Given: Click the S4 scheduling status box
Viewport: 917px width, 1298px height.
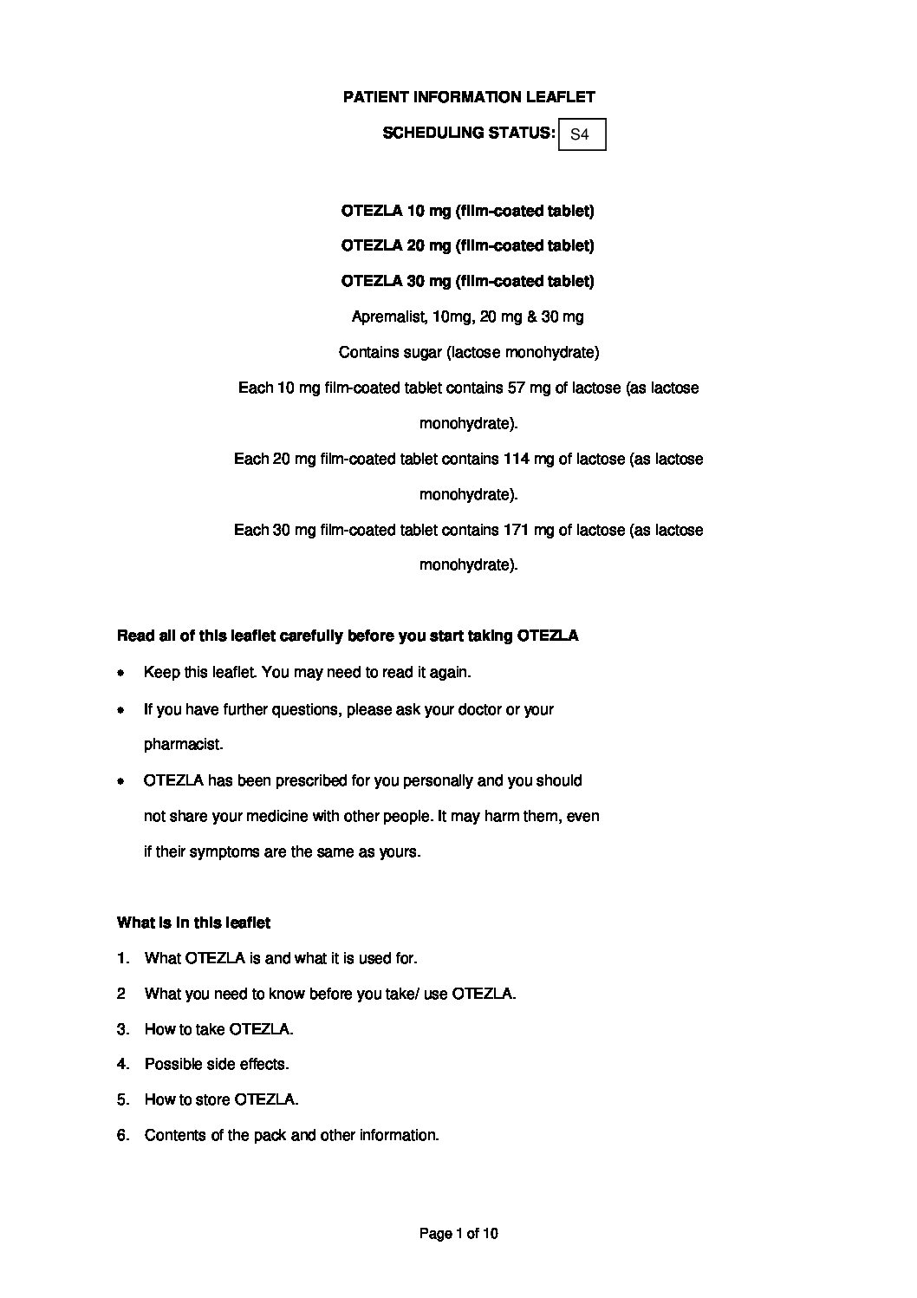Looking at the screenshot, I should (582, 134).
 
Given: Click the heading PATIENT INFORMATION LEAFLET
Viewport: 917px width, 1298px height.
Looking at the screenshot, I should (469, 97).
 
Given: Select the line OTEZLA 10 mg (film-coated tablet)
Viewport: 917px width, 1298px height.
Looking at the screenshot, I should (468, 211).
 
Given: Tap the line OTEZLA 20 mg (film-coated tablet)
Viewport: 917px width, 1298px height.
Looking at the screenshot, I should (468, 246).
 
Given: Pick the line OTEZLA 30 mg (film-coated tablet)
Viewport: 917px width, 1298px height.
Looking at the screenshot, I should (468, 281).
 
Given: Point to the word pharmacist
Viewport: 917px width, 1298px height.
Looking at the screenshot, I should (183, 745).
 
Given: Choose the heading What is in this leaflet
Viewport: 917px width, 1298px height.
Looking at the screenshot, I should (193, 923).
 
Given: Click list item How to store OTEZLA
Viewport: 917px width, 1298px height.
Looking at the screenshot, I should (221, 1099).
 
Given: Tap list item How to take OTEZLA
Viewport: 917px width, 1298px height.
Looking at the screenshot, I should (218, 1029).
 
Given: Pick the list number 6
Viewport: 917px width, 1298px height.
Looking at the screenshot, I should (123, 1135).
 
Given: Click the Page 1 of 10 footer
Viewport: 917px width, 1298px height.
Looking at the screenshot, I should (458, 1233).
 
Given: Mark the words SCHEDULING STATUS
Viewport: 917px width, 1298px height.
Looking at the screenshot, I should (468, 133).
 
